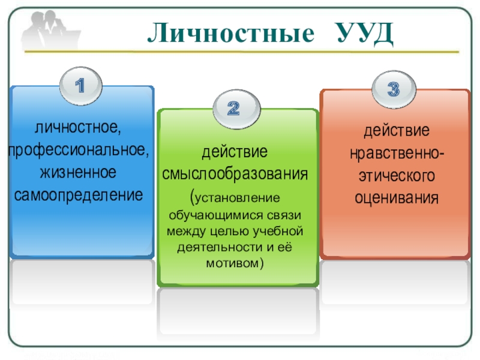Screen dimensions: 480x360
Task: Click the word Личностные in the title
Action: [x=230, y=34]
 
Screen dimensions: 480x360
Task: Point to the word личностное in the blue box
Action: [x=79, y=128]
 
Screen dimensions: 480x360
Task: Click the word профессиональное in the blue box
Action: [x=79, y=149]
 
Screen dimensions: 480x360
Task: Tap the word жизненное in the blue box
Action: [x=78, y=172]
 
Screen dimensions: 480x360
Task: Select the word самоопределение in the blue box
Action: [x=79, y=194]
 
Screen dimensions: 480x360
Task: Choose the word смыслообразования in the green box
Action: [x=236, y=175]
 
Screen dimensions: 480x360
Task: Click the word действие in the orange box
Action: [x=395, y=131]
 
